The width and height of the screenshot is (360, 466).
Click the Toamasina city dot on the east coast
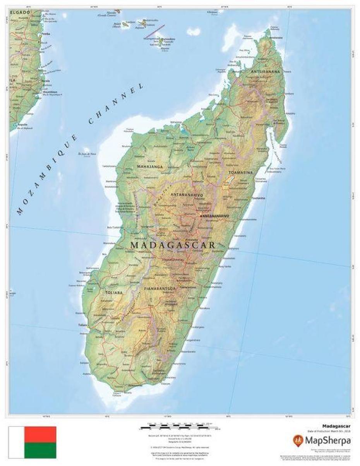[x=250, y=198]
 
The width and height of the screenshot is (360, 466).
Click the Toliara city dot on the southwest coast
[x=88, y=326]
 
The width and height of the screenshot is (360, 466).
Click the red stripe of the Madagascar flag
[x=40, y=435]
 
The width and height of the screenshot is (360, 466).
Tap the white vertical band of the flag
[x=17, y=442]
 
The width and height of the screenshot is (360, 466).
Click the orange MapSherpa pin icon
[x=298, y=440]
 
